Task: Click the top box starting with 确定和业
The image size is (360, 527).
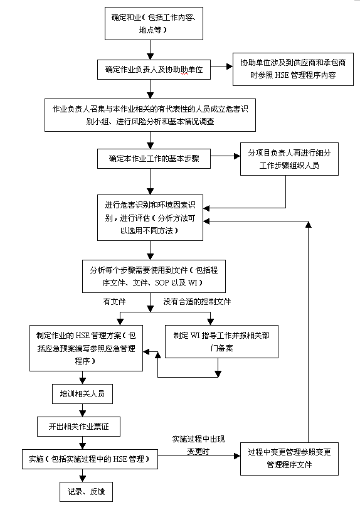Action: [x=154, y=24]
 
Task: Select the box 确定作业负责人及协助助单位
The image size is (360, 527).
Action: [x=154, y=70]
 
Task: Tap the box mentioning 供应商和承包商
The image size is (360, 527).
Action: [x=293, y=69]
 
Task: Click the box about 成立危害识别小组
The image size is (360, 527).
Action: [x=151, y=115]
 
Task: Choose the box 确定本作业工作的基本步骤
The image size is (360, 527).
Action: [x=154, y=159]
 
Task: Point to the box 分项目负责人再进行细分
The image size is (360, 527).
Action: [x=289, y=159]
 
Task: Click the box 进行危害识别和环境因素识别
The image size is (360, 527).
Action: [x=151, y=218]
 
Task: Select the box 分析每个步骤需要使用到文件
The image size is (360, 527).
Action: [x=154, y=276]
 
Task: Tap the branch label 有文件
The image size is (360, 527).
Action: [x=114, y=302]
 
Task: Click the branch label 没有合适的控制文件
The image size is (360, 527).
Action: [x=197, y=302]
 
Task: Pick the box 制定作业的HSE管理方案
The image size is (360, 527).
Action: [x=86, y=348]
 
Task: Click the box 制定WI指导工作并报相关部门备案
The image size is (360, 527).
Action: [x=221, y=341]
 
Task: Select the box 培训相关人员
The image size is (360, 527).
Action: [x=82, y=394]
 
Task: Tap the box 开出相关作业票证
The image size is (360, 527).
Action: [x=78, y=427]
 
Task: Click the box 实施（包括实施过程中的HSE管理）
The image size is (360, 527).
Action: [x=90, y=459]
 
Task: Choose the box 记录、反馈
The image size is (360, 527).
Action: [x=86, y=492]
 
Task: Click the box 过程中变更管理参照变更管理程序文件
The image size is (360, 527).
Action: [x=289, y=459]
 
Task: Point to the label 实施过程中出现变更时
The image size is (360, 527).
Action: [x=198, y=445]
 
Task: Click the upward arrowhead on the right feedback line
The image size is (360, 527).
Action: [x=308, y=225]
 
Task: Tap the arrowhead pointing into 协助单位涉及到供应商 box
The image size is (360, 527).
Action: [x=230, y=67]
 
